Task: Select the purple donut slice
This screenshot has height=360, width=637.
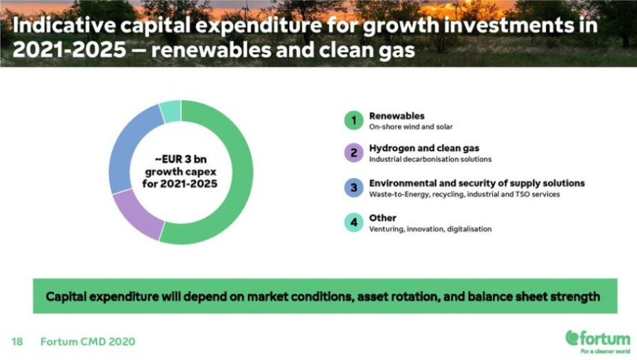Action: pos(136,215)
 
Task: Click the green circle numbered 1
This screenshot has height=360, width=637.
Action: pos(354,120)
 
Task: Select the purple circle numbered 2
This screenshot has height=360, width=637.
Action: pos(354,153)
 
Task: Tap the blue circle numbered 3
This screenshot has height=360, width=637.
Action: pos(354,188)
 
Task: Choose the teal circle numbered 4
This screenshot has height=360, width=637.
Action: pos(354,223)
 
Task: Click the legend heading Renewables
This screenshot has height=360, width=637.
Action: pos(396,116)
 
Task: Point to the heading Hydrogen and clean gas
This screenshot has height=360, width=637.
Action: pos(424,148)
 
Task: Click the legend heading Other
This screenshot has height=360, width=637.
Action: pos(383,218)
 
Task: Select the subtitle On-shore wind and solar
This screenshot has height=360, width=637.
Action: pos(411,127)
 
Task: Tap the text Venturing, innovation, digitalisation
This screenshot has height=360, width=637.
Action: pos(430,229)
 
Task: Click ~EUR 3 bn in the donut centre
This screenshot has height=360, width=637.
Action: pos(181,159)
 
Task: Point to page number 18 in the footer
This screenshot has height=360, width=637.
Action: pos(17,341)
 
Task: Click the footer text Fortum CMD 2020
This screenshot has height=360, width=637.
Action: pos(88,341)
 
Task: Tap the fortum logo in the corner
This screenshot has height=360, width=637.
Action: pos(598,341)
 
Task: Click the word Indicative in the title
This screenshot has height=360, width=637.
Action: pos(64,26)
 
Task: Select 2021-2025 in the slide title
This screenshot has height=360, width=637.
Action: pos(70,50)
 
